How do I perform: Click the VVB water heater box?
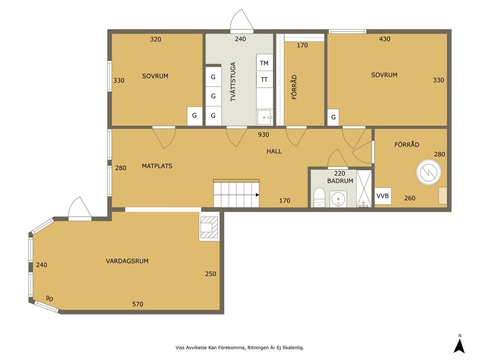(383, 196)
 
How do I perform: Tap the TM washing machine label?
(264, 63)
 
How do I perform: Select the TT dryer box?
(264, 79)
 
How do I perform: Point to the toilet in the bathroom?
(319, 197)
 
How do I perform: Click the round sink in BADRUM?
(338, 199)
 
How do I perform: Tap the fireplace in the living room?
(210, 227)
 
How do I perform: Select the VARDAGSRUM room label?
(127, 261)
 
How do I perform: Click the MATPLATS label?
(157, 166)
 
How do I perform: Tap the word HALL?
(274, 151)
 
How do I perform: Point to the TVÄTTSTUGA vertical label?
(233, 82)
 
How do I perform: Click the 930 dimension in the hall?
(263, 135)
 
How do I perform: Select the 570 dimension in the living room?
(137, 304)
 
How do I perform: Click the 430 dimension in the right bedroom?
(384, 39)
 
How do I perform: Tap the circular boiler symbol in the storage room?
(428, 172)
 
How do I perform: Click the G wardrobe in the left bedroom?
(195, 116)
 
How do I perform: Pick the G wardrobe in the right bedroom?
(333, 117)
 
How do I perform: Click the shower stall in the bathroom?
(364, 188)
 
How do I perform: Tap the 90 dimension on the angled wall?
(49, 299)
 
